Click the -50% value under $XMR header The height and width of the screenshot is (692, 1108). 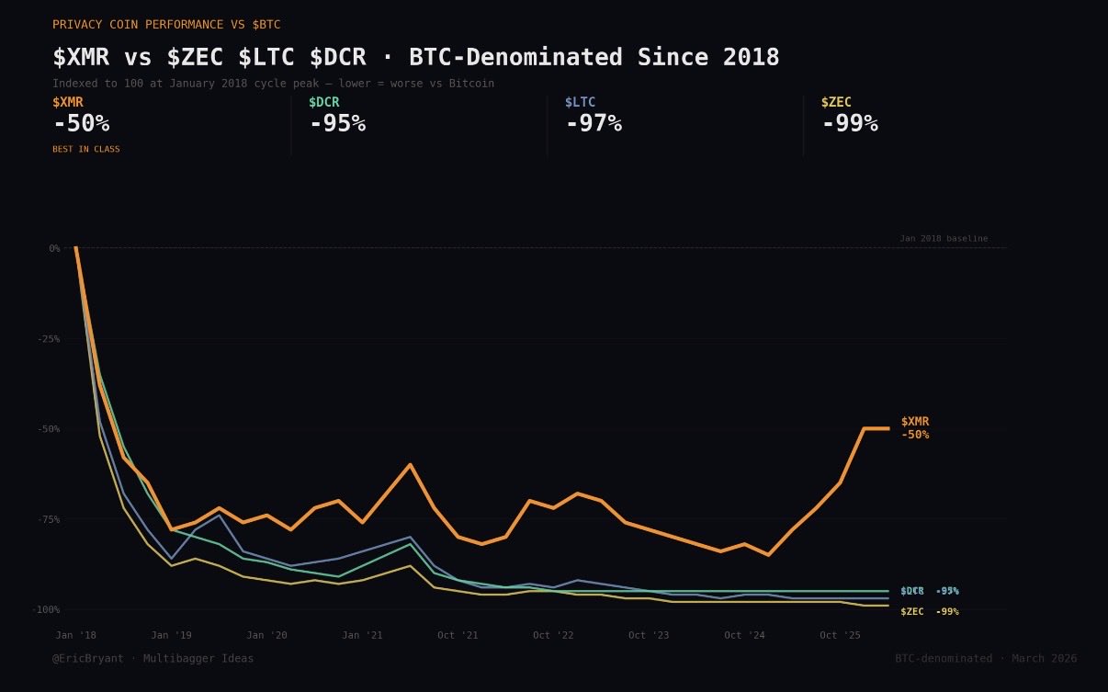81,124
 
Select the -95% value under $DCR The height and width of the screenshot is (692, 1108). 337,124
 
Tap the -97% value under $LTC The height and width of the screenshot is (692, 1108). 594,124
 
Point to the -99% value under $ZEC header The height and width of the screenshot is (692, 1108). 850,124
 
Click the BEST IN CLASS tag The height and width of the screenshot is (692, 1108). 86,149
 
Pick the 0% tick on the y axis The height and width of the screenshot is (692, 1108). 54,248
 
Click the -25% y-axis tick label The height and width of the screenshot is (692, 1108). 49,339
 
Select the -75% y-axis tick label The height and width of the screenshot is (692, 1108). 49,519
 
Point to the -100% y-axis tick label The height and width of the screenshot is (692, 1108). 46,609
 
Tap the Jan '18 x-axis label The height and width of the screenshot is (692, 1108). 75,635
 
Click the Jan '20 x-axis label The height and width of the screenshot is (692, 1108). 266,635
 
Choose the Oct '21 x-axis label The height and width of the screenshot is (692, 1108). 458,635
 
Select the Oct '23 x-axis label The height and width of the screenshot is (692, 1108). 649,635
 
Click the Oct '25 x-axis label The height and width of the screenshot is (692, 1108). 840,635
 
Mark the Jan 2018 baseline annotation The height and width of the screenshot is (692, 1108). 944,239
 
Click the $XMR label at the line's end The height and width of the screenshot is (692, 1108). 915,422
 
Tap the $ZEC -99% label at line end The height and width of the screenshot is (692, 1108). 929,612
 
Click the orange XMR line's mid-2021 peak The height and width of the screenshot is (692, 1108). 410,464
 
